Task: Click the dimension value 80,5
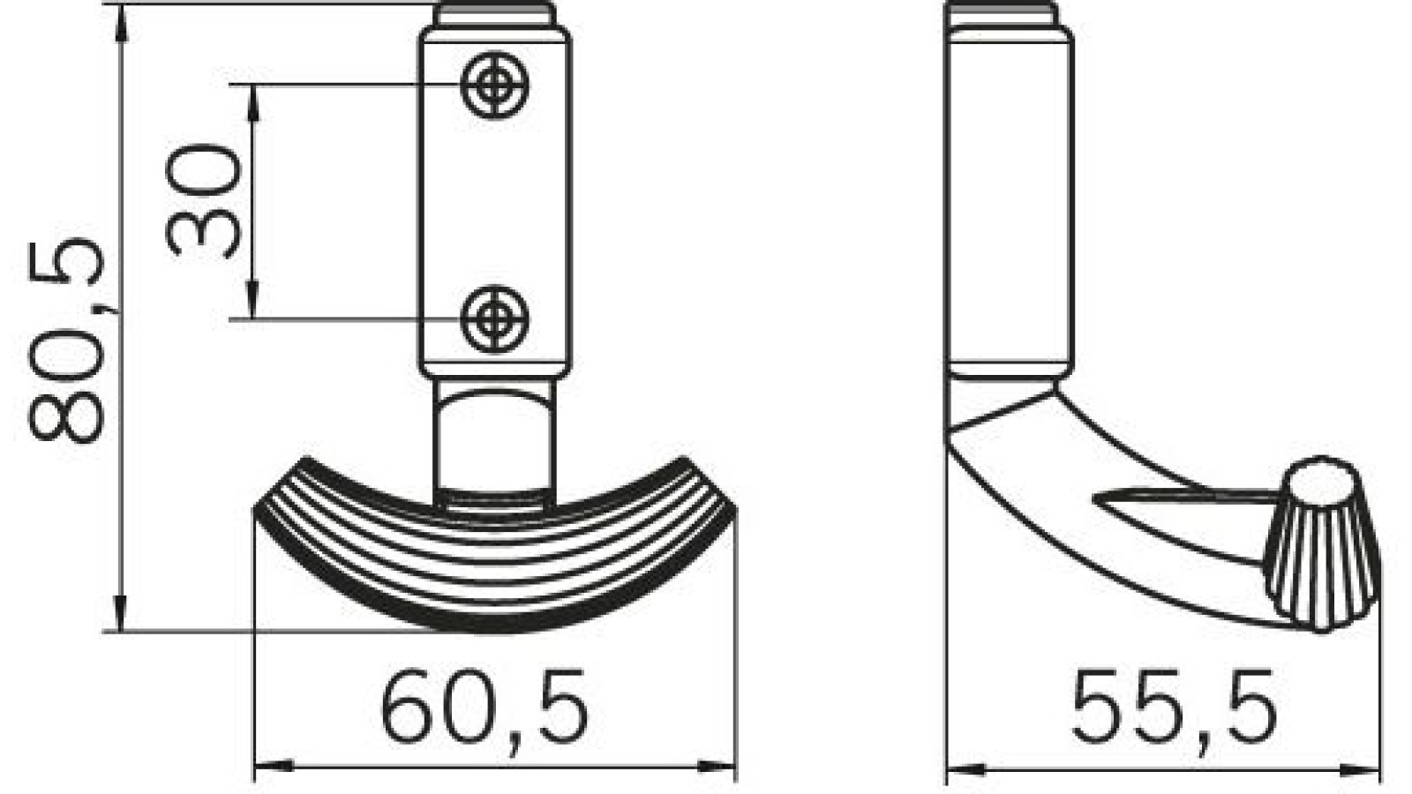coord(66,340)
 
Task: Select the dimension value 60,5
coord(484,706)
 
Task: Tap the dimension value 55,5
coord(1175,706)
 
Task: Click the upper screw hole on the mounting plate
coord(496,86)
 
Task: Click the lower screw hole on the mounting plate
coord(496,318)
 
